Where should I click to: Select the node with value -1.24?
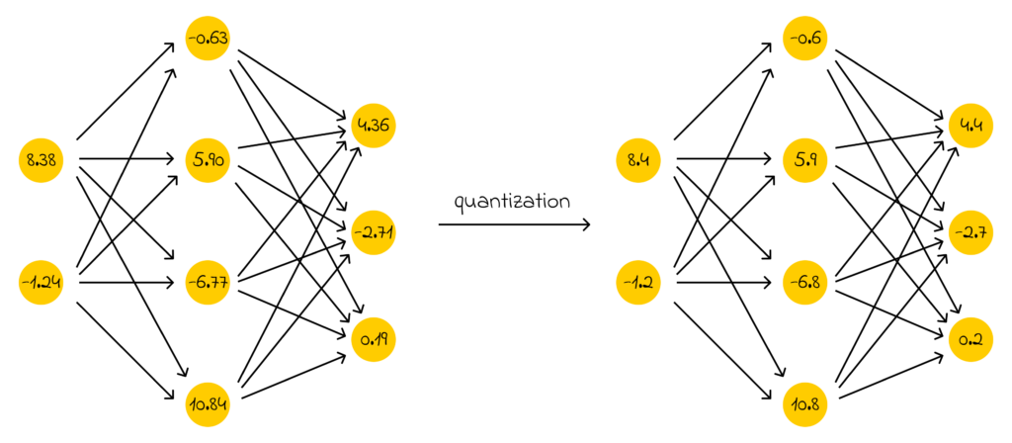42,285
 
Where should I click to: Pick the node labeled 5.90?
208,158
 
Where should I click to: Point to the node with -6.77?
208,285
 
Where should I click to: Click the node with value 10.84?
208,402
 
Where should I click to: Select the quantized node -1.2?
637,285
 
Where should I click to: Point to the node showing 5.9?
805,158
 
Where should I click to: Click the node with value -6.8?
805,285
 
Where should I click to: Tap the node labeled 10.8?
805,402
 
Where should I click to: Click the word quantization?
512,202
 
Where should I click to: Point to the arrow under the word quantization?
514,225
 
